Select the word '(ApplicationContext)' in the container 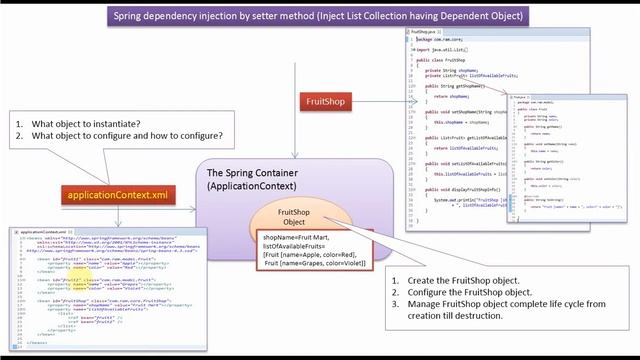(x=257, y=187)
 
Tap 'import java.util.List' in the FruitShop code (x=440, y=48)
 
